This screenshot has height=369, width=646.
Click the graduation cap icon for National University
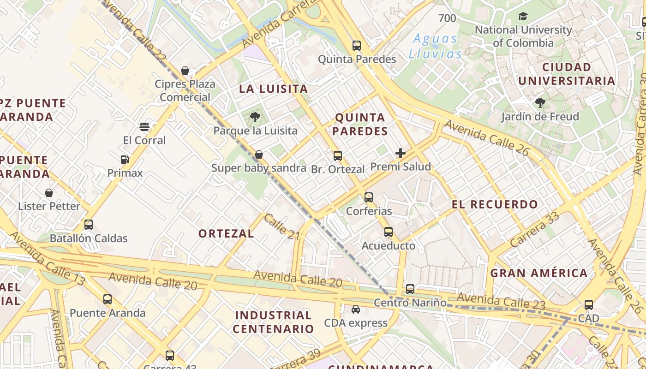point(523,17)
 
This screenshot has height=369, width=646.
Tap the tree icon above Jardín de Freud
point(540,103)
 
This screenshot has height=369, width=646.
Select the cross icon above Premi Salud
point(401,153)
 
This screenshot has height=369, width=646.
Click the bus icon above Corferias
point(369,197)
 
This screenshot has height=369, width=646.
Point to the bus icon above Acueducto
point(389,232)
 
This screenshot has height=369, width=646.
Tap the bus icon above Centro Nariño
point(410,289)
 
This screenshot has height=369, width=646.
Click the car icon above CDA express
point(356,309)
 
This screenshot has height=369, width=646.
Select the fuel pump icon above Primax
point(125,160)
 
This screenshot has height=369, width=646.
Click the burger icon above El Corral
point(144,127)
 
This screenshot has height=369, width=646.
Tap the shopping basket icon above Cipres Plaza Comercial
point(185,71)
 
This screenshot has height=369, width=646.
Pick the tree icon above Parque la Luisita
point(255,117)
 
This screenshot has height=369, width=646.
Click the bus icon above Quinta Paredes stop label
point(357,46)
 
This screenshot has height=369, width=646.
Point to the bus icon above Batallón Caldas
point(89,225)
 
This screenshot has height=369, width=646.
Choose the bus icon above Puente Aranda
point(108,299)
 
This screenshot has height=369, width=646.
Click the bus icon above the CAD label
point(589,305)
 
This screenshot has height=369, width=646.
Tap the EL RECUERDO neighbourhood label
point(495,204)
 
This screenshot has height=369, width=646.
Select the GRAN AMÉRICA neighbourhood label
point(538,273)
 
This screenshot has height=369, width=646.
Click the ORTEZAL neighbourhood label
point(226,233)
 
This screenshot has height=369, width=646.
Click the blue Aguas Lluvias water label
point(435,46)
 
